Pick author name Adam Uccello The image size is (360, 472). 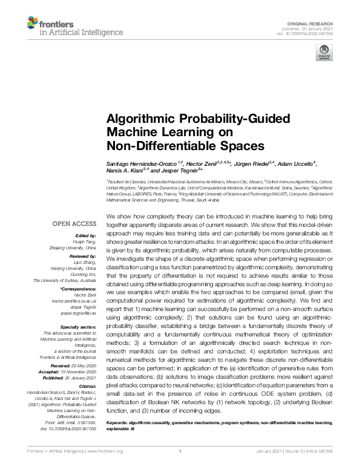click(x=296, y=165)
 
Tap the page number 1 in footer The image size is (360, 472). click(x=180, y=468)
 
